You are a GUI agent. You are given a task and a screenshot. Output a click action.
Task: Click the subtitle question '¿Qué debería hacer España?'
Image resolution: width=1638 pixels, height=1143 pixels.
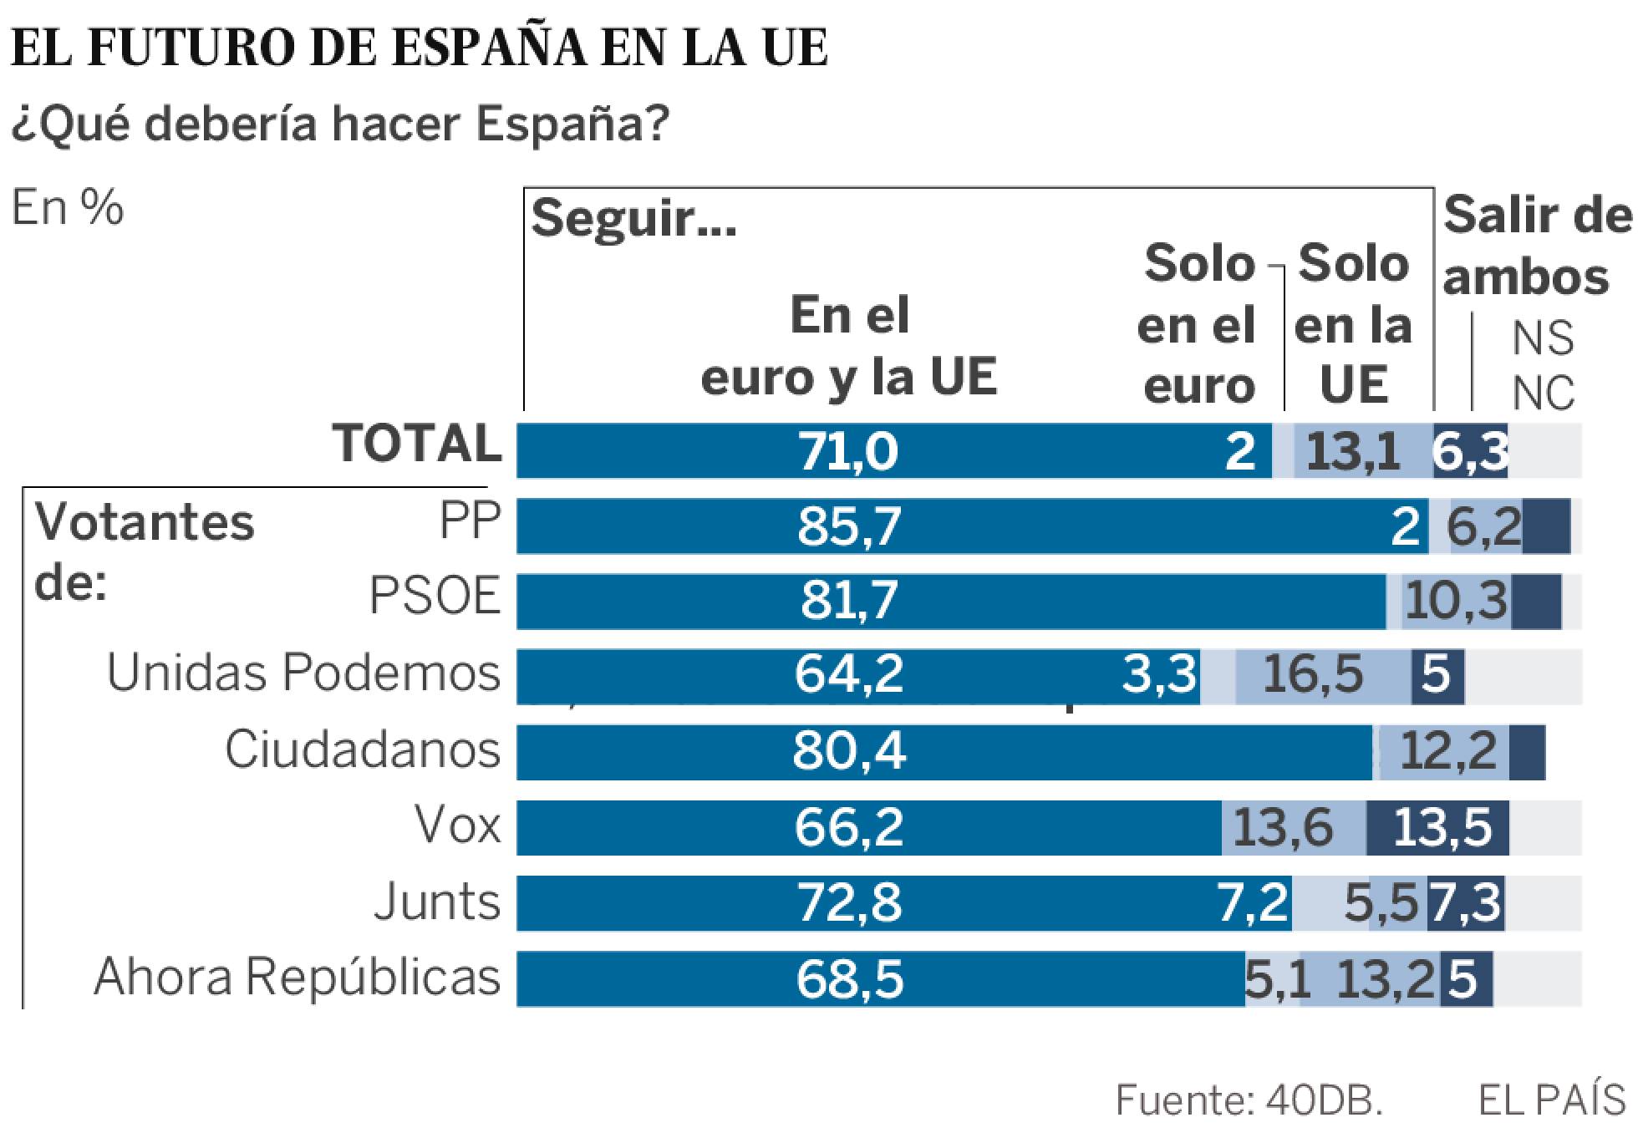click(340, 124)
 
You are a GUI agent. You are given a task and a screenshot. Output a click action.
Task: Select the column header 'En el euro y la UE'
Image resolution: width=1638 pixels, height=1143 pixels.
click(849, 346)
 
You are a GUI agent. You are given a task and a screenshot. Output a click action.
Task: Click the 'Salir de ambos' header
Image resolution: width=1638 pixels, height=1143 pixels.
click(1536, 246)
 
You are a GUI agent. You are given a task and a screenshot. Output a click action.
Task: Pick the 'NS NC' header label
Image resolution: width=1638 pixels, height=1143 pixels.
click(1543, 365)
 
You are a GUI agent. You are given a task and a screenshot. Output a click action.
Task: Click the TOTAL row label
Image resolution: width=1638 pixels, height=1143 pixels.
click(418, 443)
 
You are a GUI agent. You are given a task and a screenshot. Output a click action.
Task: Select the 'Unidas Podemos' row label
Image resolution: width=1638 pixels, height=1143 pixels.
click(303, 673)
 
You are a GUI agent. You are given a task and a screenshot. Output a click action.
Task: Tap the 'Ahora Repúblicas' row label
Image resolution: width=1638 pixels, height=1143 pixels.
click(297, 977)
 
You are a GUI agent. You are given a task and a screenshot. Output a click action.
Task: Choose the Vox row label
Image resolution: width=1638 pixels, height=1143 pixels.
click(458, 825)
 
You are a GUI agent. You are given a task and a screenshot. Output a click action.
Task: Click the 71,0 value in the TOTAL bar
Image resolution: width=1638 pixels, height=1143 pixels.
click(848, 451)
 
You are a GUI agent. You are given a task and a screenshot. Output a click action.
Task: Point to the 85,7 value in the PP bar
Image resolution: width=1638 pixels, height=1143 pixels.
click(848, 526)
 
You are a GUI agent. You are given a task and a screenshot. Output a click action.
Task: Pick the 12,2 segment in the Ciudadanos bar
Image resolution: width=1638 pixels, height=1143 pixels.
click(1447, 751)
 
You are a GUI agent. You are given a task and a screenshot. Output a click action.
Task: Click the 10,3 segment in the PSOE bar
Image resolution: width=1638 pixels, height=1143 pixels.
click(1456, 601)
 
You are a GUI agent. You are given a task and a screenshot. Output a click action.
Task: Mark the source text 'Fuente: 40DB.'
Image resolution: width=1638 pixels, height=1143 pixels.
click(1249, 1101)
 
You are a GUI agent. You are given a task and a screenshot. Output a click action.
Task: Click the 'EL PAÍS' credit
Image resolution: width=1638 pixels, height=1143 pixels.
click(1551, 1101)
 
